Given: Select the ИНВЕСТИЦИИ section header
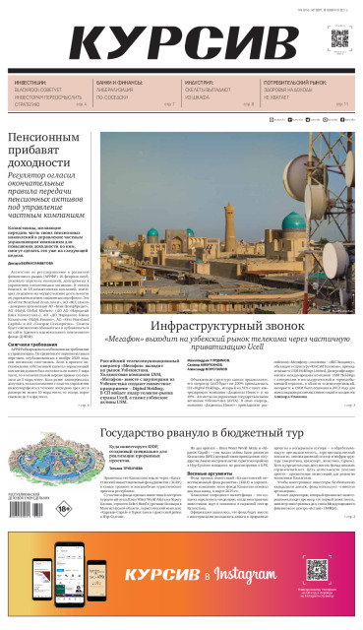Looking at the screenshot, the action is [x=30, y=83].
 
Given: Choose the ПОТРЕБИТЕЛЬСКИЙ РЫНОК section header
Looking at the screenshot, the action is [x=299, y=83].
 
